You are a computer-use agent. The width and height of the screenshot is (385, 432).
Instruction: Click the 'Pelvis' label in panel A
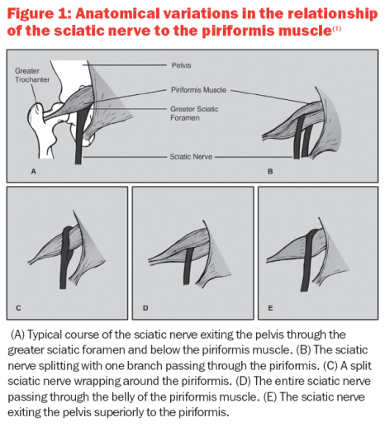(182, 62)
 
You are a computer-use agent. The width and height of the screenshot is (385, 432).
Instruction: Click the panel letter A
(34, 171)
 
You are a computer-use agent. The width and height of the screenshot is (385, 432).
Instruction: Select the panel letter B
(270, 171)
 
